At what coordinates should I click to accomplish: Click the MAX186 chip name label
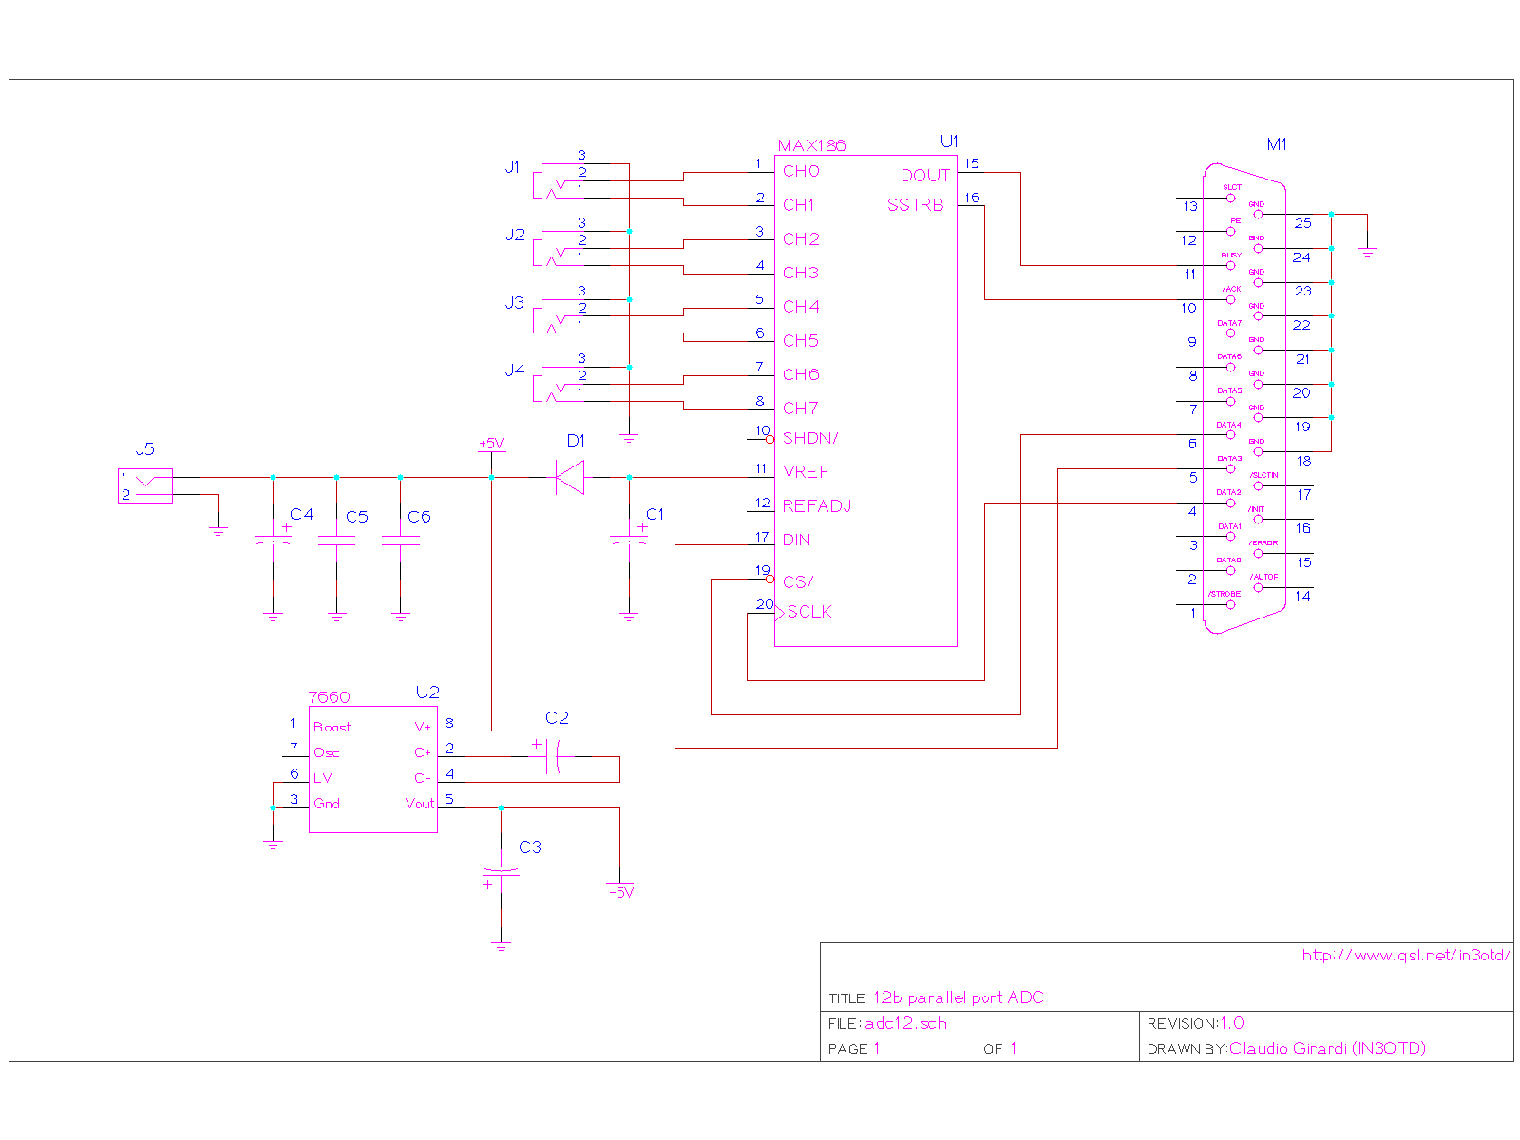pos(811,145)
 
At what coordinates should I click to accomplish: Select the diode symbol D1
pos(570,477)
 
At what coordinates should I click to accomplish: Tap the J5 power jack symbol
pos(145,485)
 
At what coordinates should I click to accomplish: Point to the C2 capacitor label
pos(557,718)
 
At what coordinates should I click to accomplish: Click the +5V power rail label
pos(491,444)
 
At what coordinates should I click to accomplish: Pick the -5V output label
pos(620,893)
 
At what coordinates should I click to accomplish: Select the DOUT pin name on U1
pos(925,176)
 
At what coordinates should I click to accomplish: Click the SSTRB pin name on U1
pos(916,205)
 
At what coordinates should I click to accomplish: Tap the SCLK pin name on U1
pos(809,613)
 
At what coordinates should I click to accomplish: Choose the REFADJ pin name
pos(817,506)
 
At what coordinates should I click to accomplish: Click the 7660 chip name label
pos(330,697)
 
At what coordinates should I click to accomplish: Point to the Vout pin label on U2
pos(419,804)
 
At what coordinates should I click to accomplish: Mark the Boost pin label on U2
pos(332,728)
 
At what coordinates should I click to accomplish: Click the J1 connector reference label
pos(513,167)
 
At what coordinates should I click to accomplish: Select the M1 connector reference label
pos(1277,144)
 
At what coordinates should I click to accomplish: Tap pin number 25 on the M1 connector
pos(1302,223)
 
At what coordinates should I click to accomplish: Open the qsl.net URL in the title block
pos(1406,956)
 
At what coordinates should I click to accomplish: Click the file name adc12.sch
pos(906,1024)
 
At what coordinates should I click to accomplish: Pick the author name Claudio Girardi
pos(1327,1049)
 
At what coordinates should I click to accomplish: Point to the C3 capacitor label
pos(530,847)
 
